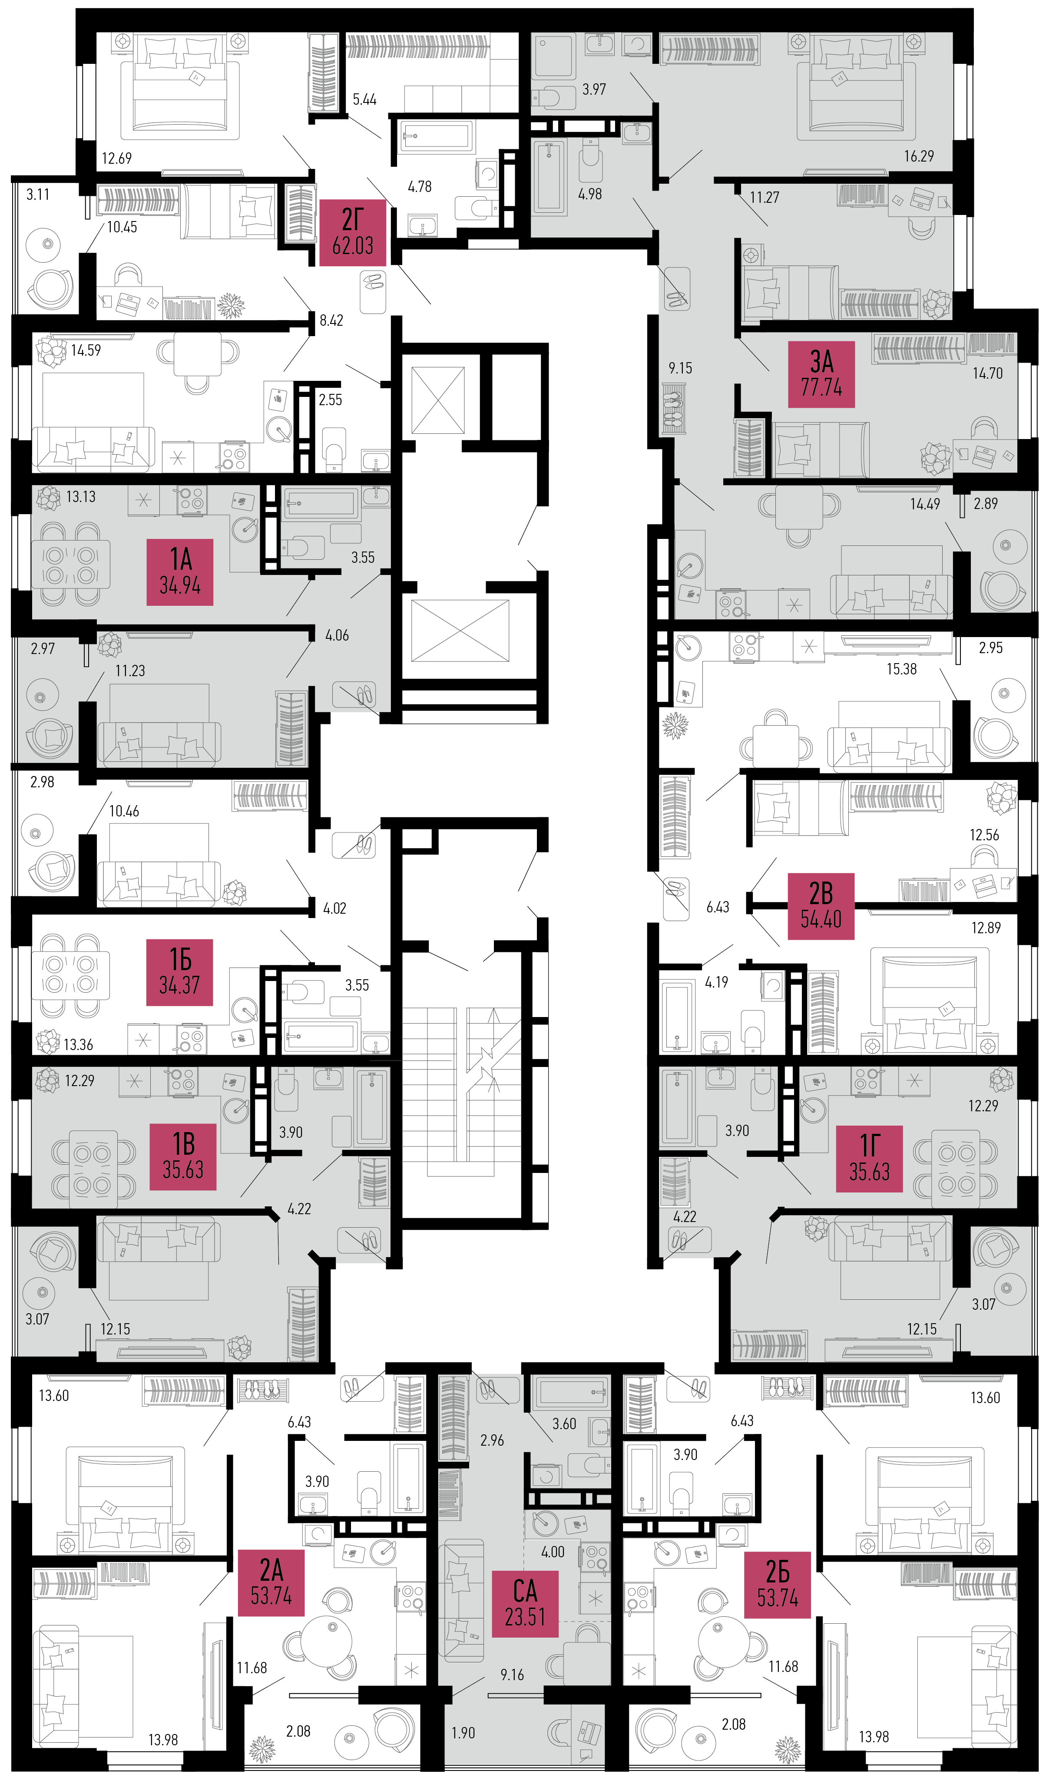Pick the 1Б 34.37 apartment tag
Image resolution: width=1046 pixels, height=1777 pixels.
[180, 972]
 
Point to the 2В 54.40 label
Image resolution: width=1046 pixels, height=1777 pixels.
[821, 906]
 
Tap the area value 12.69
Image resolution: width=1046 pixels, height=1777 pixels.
[116, 158]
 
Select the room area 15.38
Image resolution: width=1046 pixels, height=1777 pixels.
[901, 668]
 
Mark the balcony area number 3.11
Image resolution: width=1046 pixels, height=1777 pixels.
[38, 194]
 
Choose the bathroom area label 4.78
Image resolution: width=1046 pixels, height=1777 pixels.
[420, 186]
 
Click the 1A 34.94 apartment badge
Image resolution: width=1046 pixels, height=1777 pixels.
[180, 572]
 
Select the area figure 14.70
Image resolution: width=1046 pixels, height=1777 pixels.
[987, 373]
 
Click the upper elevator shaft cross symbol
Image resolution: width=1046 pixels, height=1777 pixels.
[438, 400]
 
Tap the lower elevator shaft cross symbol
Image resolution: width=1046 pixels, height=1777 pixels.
[460, 631]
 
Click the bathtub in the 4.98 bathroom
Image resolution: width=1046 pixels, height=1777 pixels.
[549, 176]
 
